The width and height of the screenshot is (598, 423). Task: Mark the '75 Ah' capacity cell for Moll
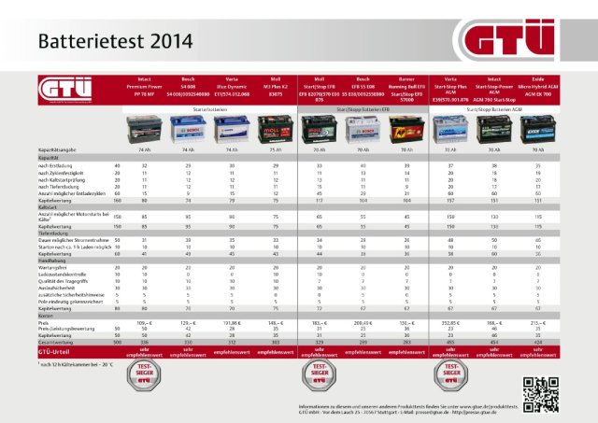(x=276, y=149)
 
